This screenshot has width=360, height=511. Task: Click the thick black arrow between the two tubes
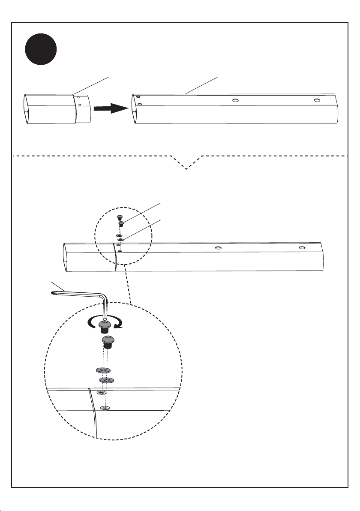pyautogui.click(x=111, y=109)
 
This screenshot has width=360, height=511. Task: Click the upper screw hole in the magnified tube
pyautogui.click(x=101, y=393)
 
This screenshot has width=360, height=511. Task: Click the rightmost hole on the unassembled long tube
pyautogui.click(x=317, y=100)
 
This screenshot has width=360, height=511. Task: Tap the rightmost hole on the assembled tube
pyautogui.click(x=303, y=248)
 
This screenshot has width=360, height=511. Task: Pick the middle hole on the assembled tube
pyautogui.click(x=219, y=247)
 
